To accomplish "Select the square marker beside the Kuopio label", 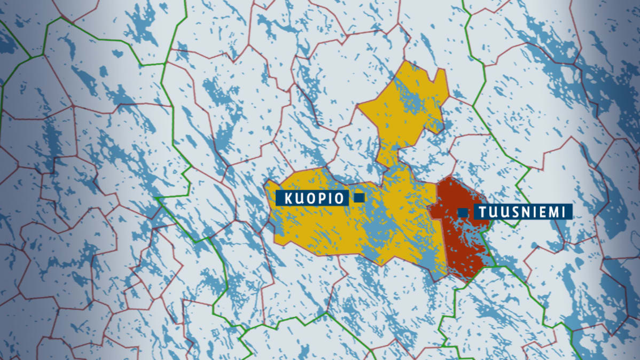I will [x=359, y=198].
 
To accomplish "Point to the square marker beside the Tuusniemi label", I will [x=463, y=213].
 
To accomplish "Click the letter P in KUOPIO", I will [x=320, y=198].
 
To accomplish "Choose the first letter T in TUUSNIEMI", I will [x=482, y=212].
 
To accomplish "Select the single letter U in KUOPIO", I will [x=299, y=198].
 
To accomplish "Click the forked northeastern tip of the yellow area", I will [x=442, y=75].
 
